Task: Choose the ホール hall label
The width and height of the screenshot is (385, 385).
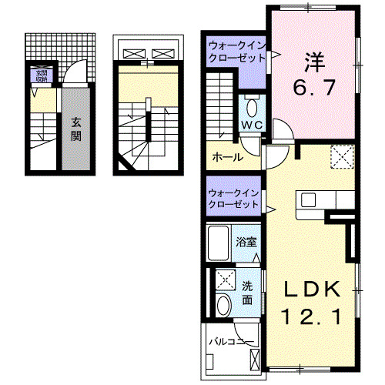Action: point(228,157)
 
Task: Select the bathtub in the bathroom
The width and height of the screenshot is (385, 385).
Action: point(222,243)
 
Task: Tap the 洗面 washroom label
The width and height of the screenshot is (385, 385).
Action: point(248,293)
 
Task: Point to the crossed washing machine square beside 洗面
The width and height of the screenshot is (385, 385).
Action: point(226,279)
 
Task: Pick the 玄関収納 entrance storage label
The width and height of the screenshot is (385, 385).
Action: point(38,75)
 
